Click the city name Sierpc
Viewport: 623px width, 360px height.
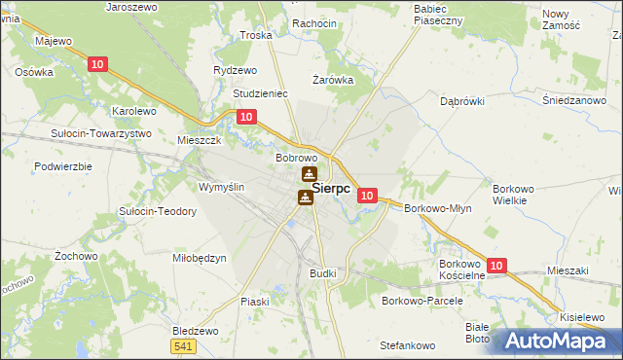pos(331,189)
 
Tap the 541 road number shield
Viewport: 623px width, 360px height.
pos(182,345)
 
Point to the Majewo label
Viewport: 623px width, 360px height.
pos(54,42)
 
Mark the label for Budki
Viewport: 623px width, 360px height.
pos(322,273)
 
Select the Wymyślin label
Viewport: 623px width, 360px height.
pos(221,187)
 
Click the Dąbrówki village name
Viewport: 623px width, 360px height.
pos(461,100)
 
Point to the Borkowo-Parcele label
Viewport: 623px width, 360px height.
pos(421,301)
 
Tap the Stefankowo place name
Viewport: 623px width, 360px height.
pos(407,345)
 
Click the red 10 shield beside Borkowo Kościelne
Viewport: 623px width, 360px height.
pos(497,265)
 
